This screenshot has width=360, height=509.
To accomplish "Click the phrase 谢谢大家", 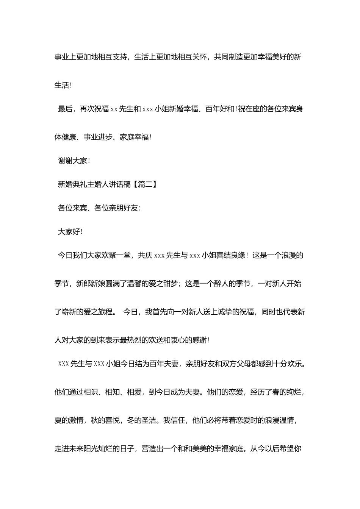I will click(73, 161).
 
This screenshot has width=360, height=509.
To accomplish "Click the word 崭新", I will click(69, 312).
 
